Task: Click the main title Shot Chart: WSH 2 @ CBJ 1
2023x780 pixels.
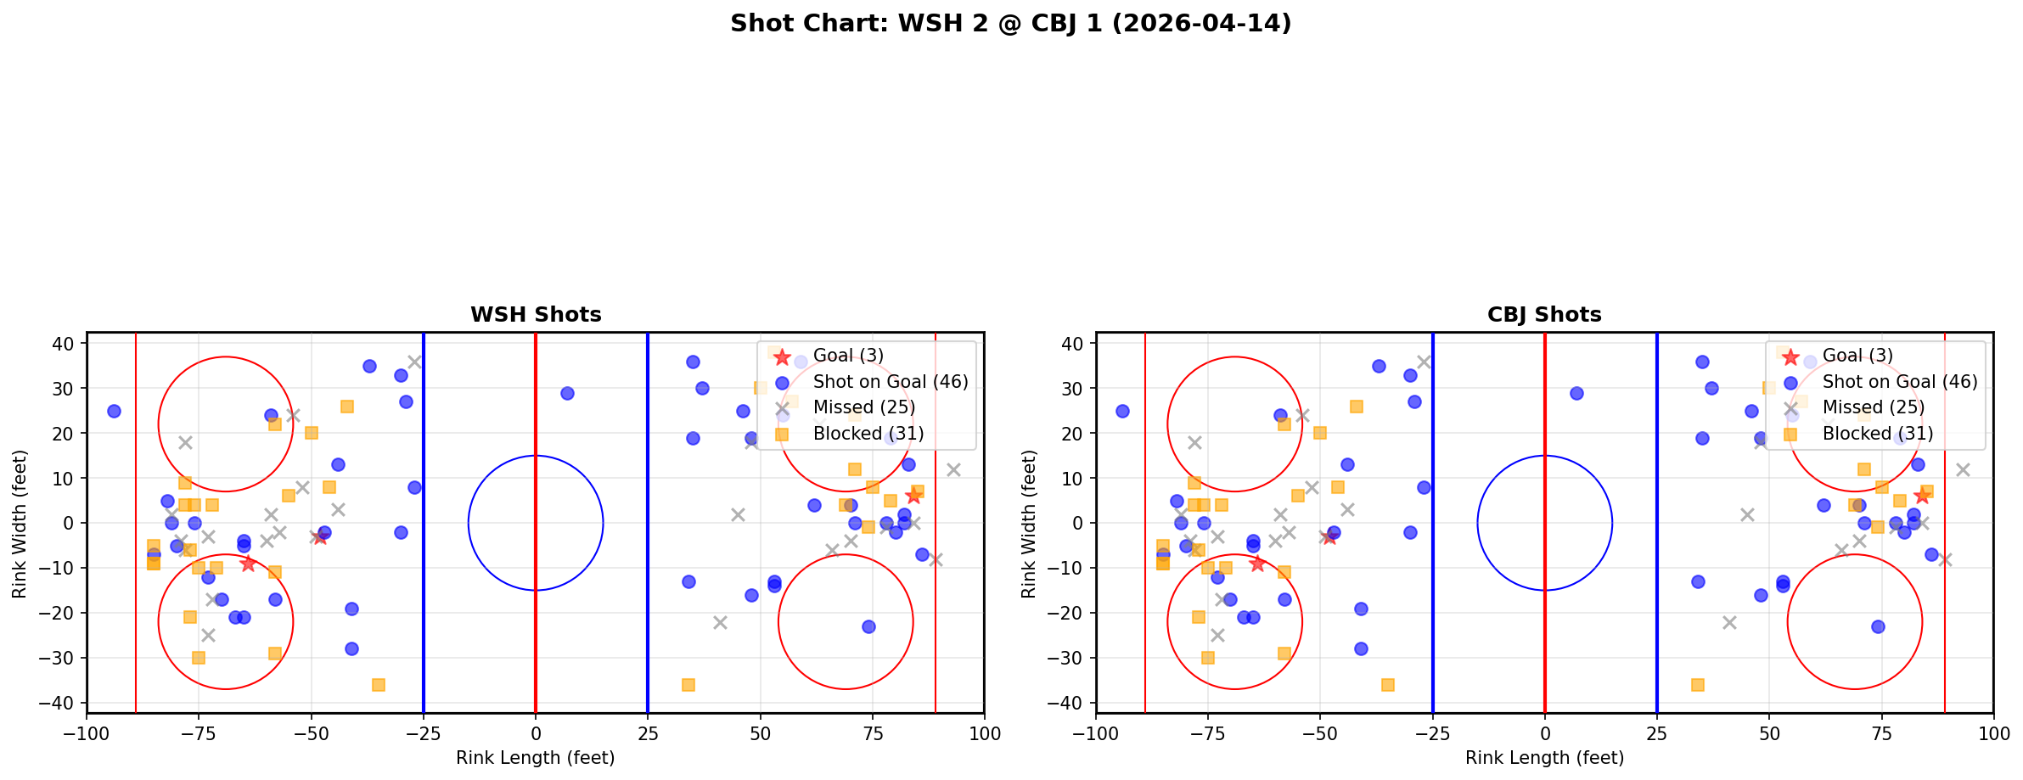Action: (x=1010, y=24)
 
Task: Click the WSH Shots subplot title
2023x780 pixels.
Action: (x=536, y=315)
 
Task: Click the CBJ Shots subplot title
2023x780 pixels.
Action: (x=1544, y=315)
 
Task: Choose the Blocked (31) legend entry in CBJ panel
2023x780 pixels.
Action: (x=1877, y=434)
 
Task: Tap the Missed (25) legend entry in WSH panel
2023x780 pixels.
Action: (x=863, y=407)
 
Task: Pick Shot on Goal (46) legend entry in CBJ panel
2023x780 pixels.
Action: (x=1899, y=382)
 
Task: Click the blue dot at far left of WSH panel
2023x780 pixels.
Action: (x=114, y=411)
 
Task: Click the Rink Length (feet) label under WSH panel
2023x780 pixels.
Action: (x=536, y=758)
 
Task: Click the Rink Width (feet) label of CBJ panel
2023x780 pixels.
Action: (x=1029, y=524)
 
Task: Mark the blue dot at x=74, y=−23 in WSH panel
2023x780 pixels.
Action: (x=868, y=626)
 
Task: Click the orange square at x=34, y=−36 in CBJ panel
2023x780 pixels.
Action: (x=1697, y=685)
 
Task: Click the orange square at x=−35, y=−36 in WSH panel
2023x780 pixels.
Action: (x=379, y=685)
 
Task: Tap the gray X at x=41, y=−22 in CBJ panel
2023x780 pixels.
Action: (x=1728, y=622)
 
